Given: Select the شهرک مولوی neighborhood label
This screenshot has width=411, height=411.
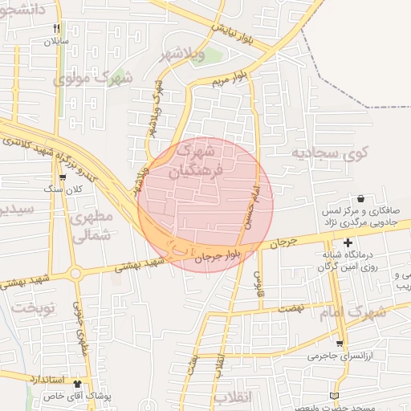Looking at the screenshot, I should tap(92, 79).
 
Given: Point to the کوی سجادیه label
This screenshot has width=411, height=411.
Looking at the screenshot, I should tap(322, 153).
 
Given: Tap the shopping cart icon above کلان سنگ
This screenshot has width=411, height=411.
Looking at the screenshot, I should tap(63, 177).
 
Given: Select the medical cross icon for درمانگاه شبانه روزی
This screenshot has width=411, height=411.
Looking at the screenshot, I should tap(348, 242).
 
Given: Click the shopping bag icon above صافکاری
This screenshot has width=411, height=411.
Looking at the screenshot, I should tap(360, 198).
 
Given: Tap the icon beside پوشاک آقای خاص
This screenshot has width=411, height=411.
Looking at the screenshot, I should tap(78, 384).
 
